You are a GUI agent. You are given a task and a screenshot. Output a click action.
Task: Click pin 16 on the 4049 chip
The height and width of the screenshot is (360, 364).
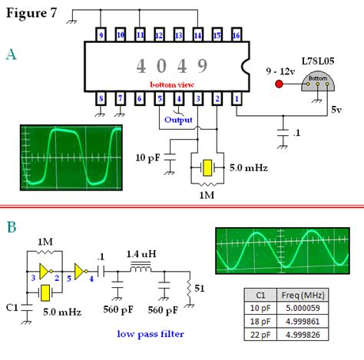coord(237,35)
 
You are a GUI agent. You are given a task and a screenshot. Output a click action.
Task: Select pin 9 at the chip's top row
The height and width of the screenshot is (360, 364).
coord(101,35)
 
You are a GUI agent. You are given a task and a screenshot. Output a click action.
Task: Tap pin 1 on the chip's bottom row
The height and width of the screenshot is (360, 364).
coord(237,97)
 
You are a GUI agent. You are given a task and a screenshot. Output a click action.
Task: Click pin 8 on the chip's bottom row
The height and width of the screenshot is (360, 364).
coord(101,97)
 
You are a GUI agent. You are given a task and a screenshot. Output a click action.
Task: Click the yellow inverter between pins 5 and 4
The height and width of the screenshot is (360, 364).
coord(81,269)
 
